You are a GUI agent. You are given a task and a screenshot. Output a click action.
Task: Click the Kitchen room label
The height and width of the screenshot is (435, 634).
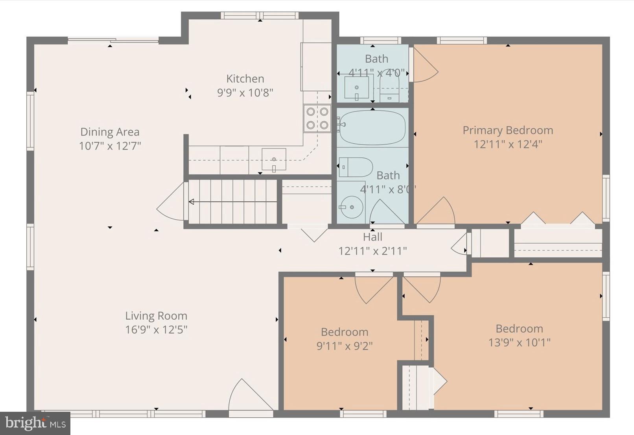245,79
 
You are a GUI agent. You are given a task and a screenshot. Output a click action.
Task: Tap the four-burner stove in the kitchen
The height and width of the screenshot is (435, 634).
317,118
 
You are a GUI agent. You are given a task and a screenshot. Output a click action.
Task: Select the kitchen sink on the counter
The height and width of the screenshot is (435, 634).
274,159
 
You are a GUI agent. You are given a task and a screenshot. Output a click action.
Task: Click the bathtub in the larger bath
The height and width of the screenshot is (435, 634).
372,128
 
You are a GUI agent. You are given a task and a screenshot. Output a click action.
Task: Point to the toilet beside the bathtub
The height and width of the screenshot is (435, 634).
356,167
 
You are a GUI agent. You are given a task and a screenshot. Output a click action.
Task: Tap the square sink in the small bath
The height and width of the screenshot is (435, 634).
356,87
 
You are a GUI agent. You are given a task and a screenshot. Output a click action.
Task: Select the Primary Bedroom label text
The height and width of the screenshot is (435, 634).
507,130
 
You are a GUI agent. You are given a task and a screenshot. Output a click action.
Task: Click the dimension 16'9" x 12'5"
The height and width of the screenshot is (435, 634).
156,329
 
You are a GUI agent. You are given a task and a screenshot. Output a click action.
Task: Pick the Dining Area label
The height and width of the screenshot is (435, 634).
110,132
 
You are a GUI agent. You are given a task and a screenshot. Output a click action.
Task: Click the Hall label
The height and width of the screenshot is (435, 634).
372,237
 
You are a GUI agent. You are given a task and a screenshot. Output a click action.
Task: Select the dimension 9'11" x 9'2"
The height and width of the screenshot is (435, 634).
345,346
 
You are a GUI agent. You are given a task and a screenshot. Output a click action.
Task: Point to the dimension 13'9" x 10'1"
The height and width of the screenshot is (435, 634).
519,342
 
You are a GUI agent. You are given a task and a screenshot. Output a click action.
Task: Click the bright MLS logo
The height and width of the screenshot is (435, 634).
35,423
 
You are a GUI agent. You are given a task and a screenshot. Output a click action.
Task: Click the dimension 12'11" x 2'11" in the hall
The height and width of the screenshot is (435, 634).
372,251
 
